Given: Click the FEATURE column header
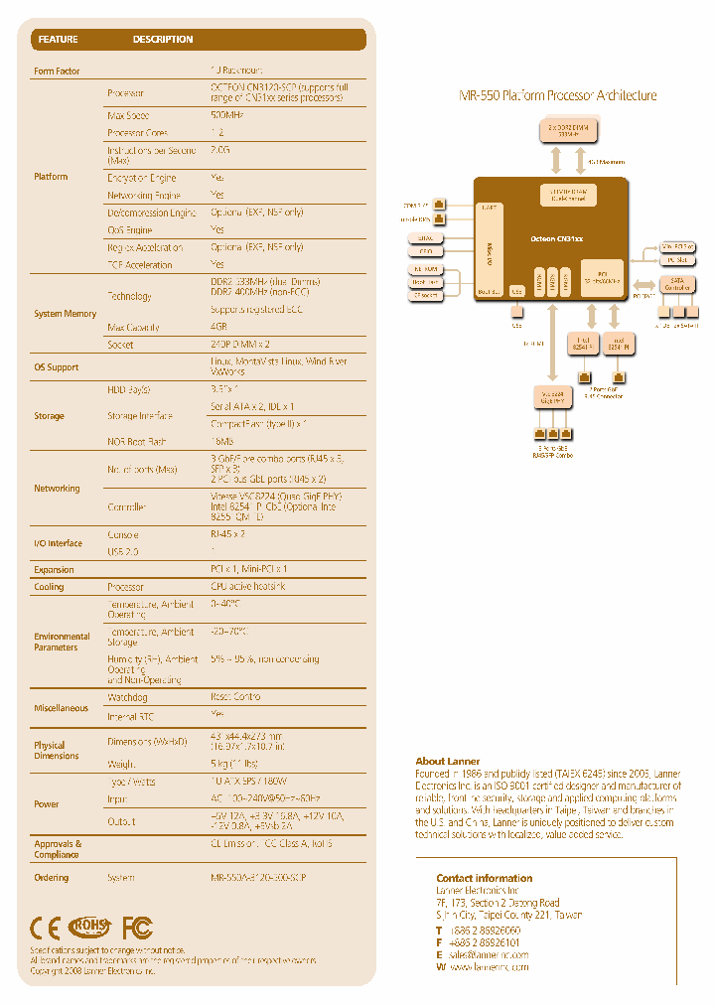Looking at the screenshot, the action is pyautogui.click(x=58, y=40).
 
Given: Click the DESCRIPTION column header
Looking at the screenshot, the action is pyautogui.click(x=163, y=40).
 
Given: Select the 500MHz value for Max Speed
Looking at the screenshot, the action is pyautogui.click(x=227, y=115).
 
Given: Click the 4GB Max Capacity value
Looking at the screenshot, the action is pyautogui.click(x=220, y=327).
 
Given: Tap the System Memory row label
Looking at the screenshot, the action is pyautogui.click(x=66, y=314).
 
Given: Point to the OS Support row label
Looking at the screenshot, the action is pyautogui.click(x=57, y=367).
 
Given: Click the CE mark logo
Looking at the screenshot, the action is pyautogui.click(x=45, y=928).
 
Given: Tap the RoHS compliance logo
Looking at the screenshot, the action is pyautogui.click(x=90, y=928).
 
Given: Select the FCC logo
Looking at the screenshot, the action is pyautogui.click(x=137, y=928).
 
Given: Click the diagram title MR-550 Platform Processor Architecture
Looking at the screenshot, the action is pyautogui.click(x=557, y=96).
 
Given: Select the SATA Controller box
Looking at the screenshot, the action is pyautogui.click(x=676, y=284).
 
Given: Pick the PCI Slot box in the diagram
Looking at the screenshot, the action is pyautogui.click(x=677, y=259).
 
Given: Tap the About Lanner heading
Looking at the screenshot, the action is pyautogui.click(x=447, y=762).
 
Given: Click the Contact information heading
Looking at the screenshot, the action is pyautogui.click(x=484, y=878).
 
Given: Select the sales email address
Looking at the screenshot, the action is pyautogui.click(x=488, y=953).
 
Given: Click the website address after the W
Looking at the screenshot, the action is pyautogui.click(x=489, y=966).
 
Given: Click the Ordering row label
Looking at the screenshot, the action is pyautogui.click(x=52, y=878).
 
